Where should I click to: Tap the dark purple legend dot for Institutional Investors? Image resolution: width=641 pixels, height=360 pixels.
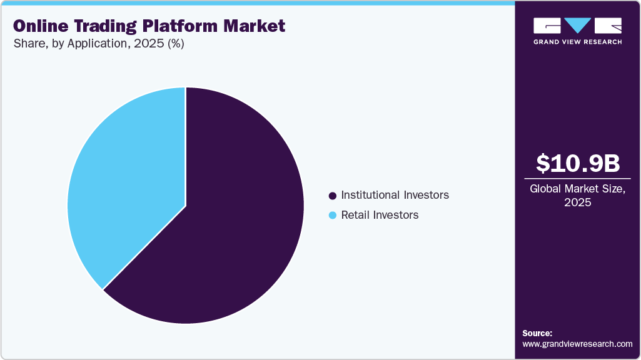click(332, 196)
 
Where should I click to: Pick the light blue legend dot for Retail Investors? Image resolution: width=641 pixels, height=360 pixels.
click(332, 216)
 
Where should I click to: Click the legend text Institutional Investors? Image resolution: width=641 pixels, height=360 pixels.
click(395, 195)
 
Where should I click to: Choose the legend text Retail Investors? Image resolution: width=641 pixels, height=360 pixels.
click(380, 215)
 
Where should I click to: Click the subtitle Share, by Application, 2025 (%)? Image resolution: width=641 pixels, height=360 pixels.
click(98, 44)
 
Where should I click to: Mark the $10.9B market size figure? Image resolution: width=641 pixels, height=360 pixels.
click(578, 163)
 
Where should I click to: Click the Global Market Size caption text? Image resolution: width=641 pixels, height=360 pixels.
click(578, 189)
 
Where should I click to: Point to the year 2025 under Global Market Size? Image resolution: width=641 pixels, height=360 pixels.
click(578, 203)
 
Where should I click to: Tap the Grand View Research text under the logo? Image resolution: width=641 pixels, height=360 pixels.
click(578, 42)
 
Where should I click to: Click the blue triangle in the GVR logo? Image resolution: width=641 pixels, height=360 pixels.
click(578, 25)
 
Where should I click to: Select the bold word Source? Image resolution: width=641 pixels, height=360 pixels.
click(537, 333)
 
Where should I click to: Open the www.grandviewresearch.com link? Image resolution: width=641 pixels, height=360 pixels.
click(577, 344)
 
